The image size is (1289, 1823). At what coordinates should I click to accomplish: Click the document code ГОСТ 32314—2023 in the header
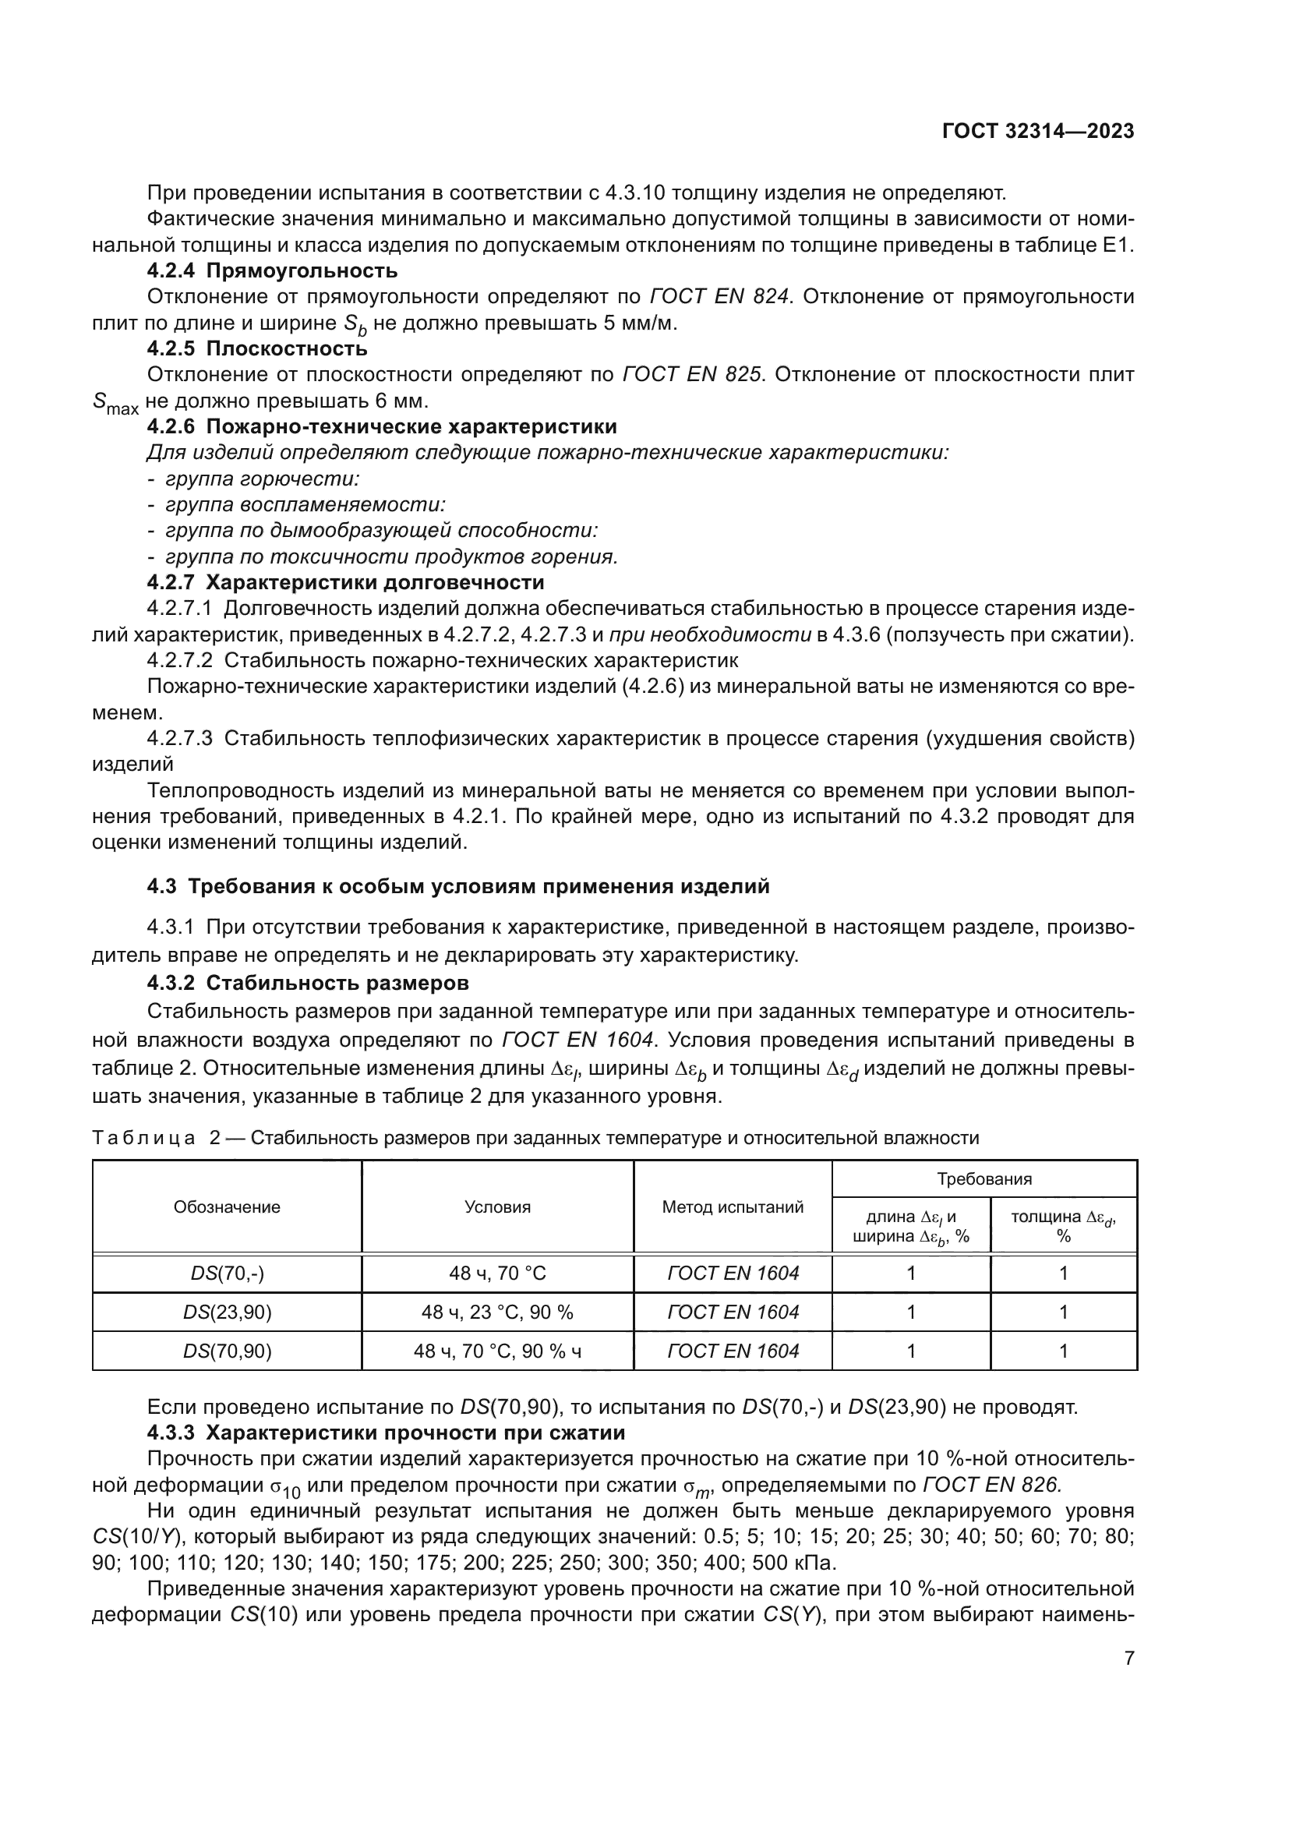1037,132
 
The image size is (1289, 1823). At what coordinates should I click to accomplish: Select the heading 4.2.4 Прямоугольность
272,270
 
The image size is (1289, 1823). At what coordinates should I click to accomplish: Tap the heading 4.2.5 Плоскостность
257,348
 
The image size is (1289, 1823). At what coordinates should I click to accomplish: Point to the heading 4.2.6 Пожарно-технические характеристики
382,426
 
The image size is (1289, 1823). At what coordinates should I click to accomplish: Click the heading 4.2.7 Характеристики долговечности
345,582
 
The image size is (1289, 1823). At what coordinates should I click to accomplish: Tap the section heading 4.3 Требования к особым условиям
458,886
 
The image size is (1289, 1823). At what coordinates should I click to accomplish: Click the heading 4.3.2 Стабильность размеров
308,983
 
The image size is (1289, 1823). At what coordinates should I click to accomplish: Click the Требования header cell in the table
984,1179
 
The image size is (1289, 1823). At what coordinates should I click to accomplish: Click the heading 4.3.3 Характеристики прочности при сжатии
386,1433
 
